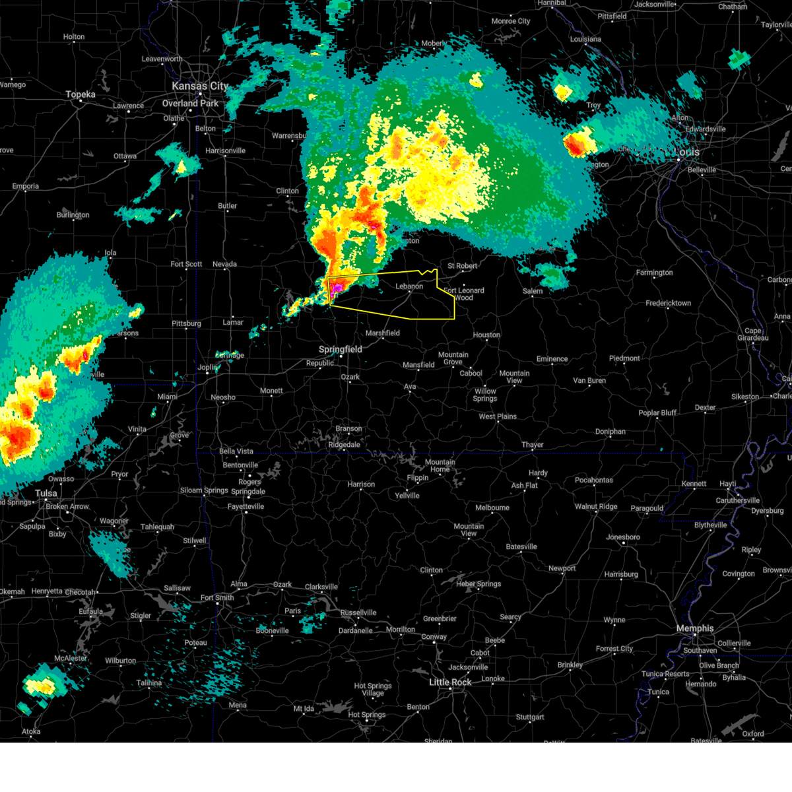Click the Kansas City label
point(199,86)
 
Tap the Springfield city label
point(341,349)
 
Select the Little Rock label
point(450,682)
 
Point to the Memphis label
point(695,628)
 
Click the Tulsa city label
point(46,493)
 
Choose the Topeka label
point(81,94)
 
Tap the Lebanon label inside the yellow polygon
point(409,286)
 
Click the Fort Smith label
point(217,597)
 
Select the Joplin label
point(207,367)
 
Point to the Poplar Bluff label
point(657,412)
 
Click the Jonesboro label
point(624,537)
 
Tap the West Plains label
point(498,416)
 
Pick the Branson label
point(348,428)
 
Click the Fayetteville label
point(246,506)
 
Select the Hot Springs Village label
point(373,690)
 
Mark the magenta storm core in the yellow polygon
point(337,287)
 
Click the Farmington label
point(654,273)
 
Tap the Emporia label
point(25,186)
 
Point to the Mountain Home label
point(440,465)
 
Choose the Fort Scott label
point(186,264)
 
